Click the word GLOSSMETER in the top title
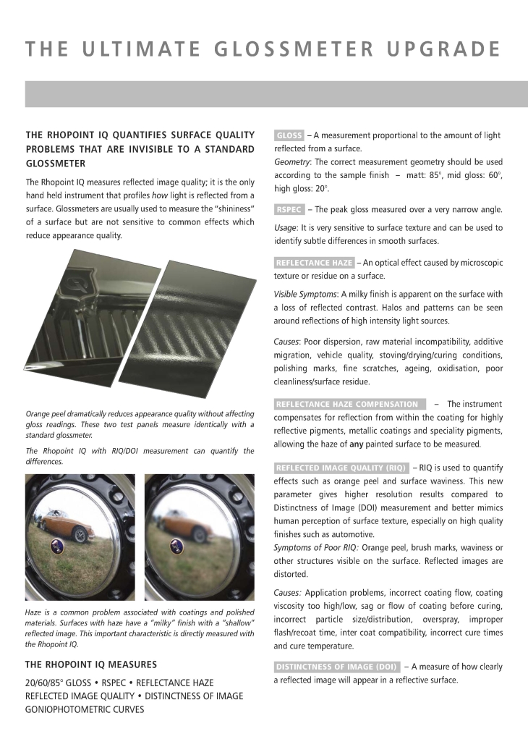295,49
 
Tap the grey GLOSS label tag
289,135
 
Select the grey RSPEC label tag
289,210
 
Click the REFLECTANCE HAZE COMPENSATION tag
347,404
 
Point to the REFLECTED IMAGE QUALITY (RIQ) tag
341,468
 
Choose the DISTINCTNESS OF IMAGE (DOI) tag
336,667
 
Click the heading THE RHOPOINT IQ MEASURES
91,664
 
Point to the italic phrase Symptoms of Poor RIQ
316,547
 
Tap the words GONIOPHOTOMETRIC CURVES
85,709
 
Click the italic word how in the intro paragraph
159,195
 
